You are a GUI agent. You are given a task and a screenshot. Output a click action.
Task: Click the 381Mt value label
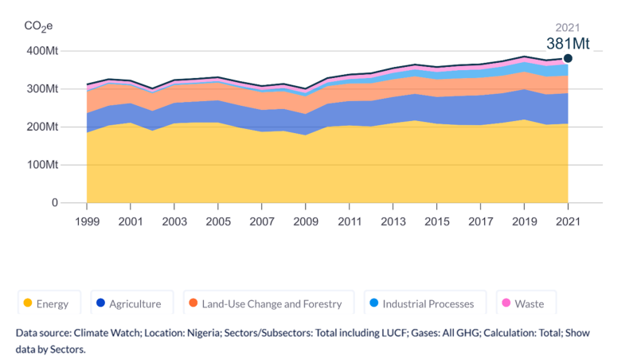point(567,44)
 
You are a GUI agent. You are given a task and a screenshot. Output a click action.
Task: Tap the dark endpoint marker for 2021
point(568,58)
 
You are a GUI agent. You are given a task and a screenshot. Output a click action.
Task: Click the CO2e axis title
point(38,26)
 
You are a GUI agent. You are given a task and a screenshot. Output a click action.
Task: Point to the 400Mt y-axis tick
point(42,51)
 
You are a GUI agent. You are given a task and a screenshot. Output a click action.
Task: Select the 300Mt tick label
point(42,88)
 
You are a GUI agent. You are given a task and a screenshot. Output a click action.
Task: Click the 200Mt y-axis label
point(42,127)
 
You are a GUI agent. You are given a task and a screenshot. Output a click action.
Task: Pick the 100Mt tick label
point(42,165)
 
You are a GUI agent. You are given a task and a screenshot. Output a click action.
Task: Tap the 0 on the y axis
point(54,203)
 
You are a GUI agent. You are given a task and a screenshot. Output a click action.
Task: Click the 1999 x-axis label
point(87,219)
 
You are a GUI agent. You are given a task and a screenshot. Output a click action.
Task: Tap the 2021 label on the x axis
point(568,219)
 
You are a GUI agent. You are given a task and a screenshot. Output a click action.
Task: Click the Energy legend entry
point(46,303)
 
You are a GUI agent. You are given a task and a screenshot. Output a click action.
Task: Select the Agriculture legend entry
point(127,303)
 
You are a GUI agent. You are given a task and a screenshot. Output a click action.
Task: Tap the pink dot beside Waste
point(504,303)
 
